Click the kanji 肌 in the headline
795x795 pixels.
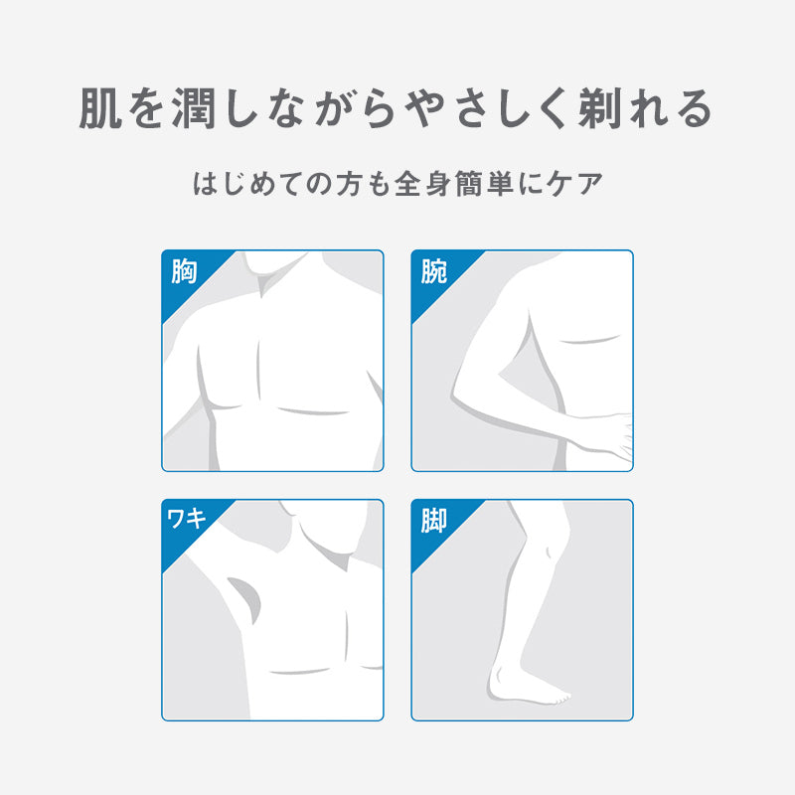click(x=100, y=108)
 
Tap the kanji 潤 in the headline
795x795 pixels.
click(x=194, y=108)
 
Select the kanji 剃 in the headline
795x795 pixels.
click(x=600, y=108)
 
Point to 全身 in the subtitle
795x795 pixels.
click(x=423, y=184)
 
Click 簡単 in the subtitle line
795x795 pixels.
click(x=484, y=184)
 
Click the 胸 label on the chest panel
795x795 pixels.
click(x=184, y=271)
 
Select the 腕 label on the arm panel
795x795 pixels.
click(x=434, y=271)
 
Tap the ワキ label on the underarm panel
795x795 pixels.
click(x=187, y=518)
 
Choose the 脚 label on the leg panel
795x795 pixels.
click(x=434, y=521)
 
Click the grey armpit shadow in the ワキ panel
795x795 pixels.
click(x=245, y=598)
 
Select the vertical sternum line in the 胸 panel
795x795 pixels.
click(x=259, y=370)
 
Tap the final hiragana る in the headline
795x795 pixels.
click(x=696, y=109)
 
